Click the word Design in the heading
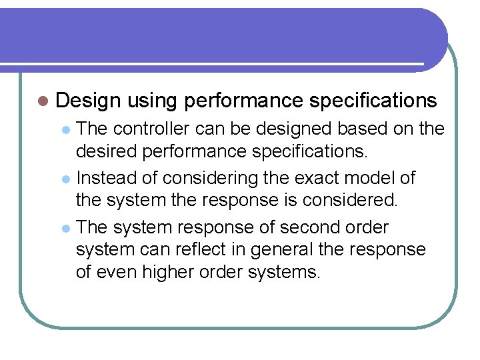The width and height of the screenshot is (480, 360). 88,101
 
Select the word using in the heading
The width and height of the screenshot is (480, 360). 152,101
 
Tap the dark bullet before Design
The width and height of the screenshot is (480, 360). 43,101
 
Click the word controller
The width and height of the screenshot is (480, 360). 155,129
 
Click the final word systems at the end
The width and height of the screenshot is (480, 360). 289,272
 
